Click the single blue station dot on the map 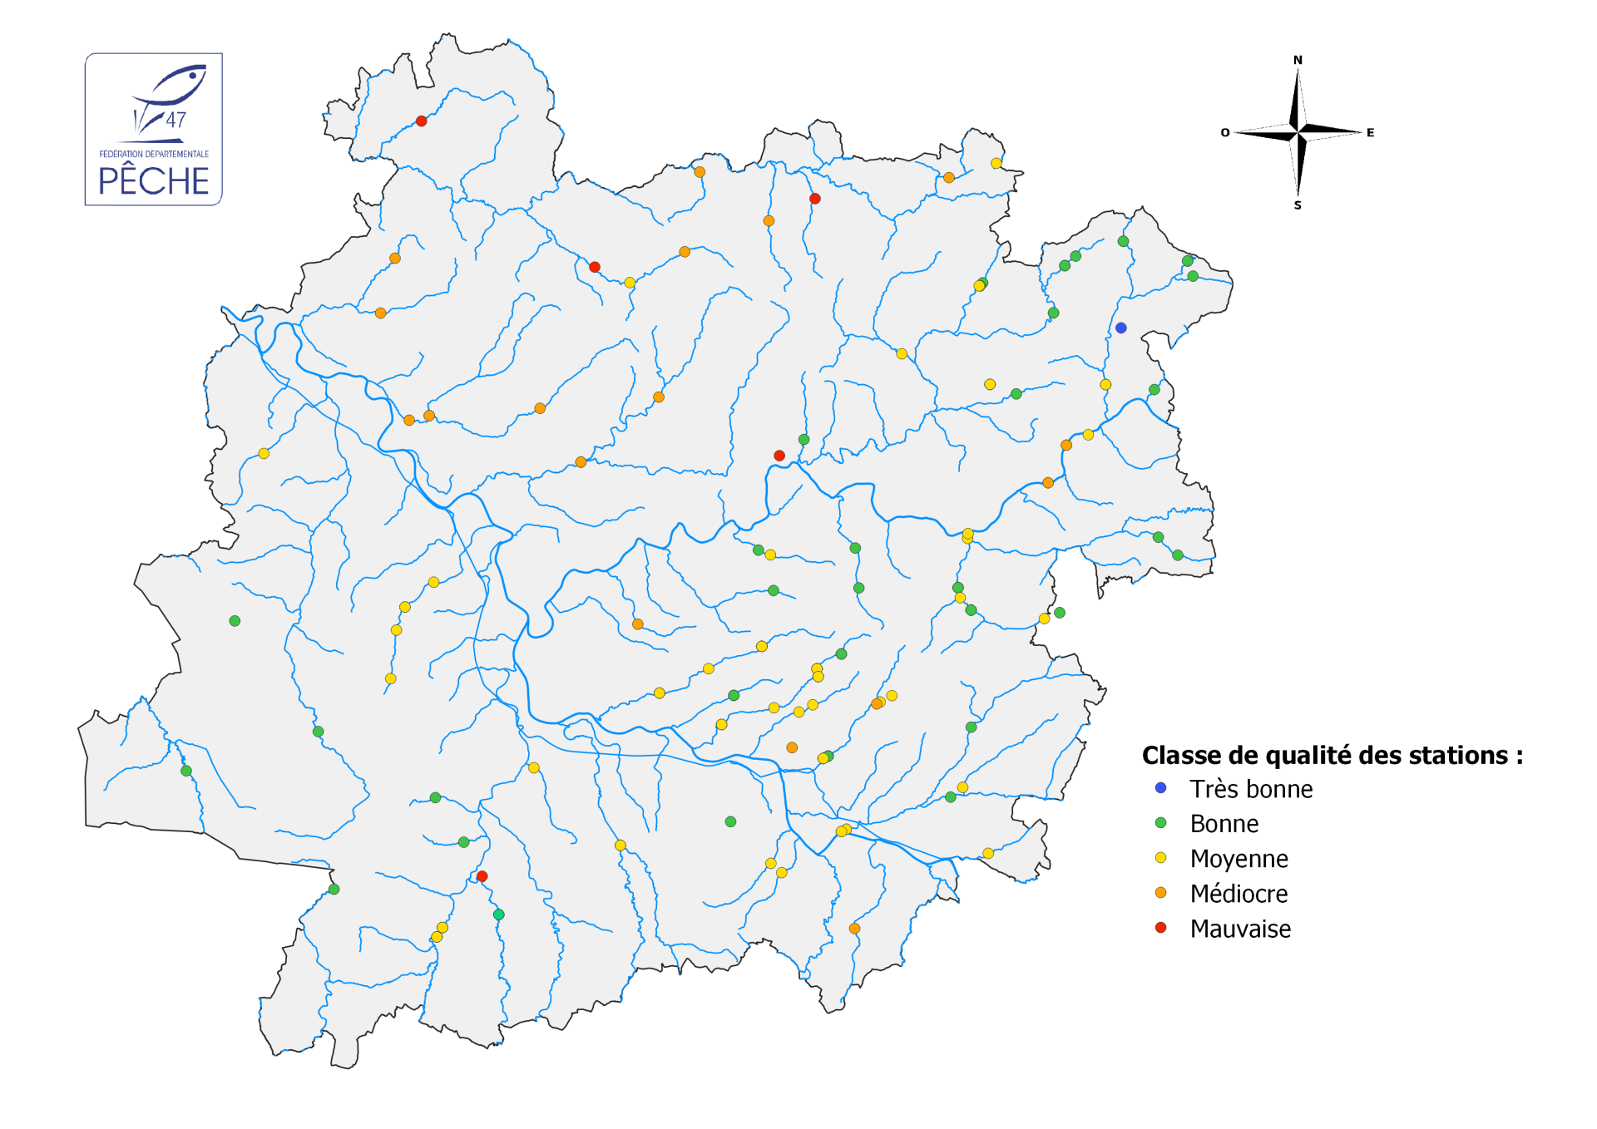(x=1121, y=328)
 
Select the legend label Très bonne (x=1251, y=789)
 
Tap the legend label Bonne (x=1224, y=824)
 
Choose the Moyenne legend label (x=1239, y=859)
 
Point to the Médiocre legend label (x=1239, y=894)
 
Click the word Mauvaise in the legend (x=1240, y=929)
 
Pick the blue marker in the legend (x=1161, y=787)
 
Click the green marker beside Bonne (x=1161, y=822)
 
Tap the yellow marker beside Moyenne (x=1161, y=857)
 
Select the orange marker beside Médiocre (x=1161, y=892)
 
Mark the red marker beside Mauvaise (x=1161, y=927)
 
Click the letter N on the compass (x=1298, y=60)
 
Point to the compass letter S (x=1298, y=205)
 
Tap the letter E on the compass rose (x=1370, y=133)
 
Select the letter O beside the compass (x=1225, y=133)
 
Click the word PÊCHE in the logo (x=154, y=181)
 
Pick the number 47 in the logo (x=176, y=120)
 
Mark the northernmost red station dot (x=422, y=121)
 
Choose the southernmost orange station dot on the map (x=854, y=929)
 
